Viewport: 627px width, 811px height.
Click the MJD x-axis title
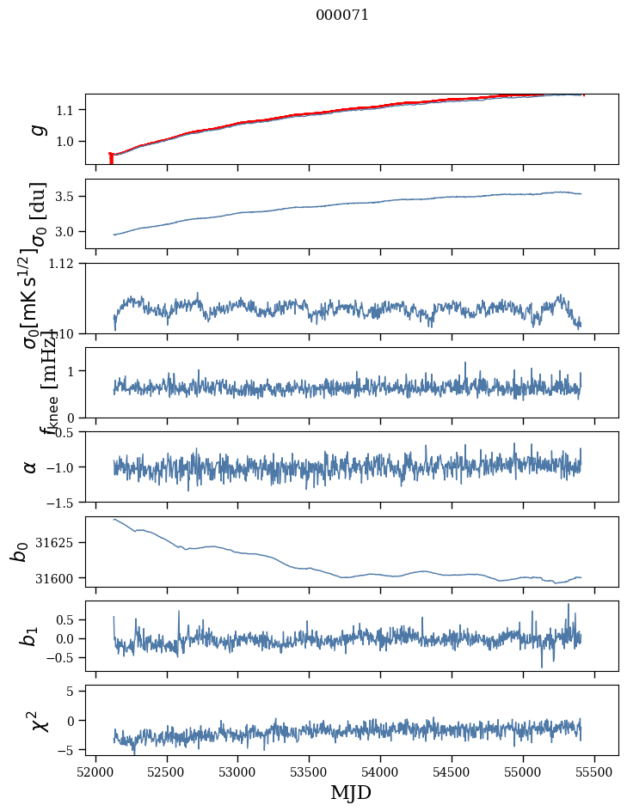pos(351,792)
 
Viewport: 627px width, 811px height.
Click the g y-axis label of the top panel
pos(37,129)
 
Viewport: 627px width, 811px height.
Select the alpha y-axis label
pos(30,466)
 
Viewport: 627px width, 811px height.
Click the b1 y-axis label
pos(30,636)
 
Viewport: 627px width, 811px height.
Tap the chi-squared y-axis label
pos(39,720)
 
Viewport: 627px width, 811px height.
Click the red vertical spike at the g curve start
pos(111,158)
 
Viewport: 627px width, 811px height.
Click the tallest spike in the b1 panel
pos(568,605)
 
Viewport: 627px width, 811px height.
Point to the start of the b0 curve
pos(114,519)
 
